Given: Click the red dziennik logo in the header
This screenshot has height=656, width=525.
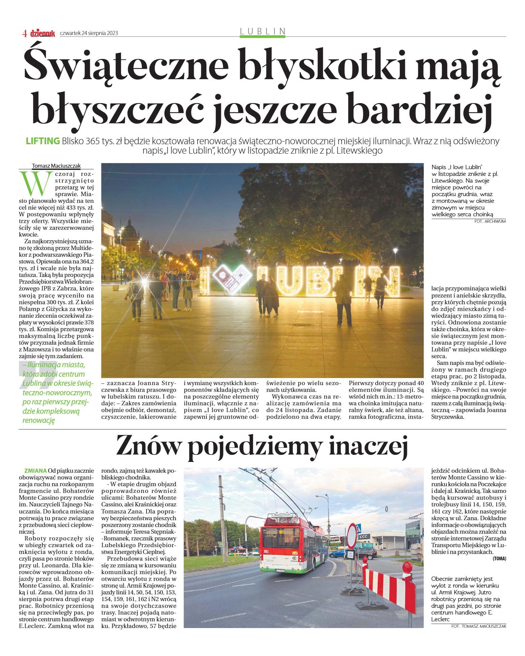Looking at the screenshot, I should tap(42, 33).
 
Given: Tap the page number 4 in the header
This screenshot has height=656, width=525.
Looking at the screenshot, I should tap(24, 33).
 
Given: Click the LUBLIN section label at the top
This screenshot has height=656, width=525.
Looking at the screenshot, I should tap(262, 31).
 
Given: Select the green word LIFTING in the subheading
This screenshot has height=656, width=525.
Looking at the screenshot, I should tap(43, 141).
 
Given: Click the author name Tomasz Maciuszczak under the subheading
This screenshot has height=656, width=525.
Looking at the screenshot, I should tap(56, 166).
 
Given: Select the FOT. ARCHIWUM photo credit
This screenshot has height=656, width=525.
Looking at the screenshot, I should tap(490, 221).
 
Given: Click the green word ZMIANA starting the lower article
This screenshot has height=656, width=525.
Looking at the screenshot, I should tap(35, 471).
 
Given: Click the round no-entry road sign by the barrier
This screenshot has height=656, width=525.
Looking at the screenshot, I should tap(351, 536).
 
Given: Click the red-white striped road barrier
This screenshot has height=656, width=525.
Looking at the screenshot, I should tap(389, 586).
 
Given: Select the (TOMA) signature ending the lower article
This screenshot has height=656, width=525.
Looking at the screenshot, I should tap(499, 558).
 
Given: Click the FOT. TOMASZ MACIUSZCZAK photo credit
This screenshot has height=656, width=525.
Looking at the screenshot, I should tap(478, 626).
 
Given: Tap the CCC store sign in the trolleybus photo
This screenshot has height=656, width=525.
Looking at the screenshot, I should tap(364, 536).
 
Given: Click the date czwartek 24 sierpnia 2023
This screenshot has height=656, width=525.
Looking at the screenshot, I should tap(89, 33).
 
